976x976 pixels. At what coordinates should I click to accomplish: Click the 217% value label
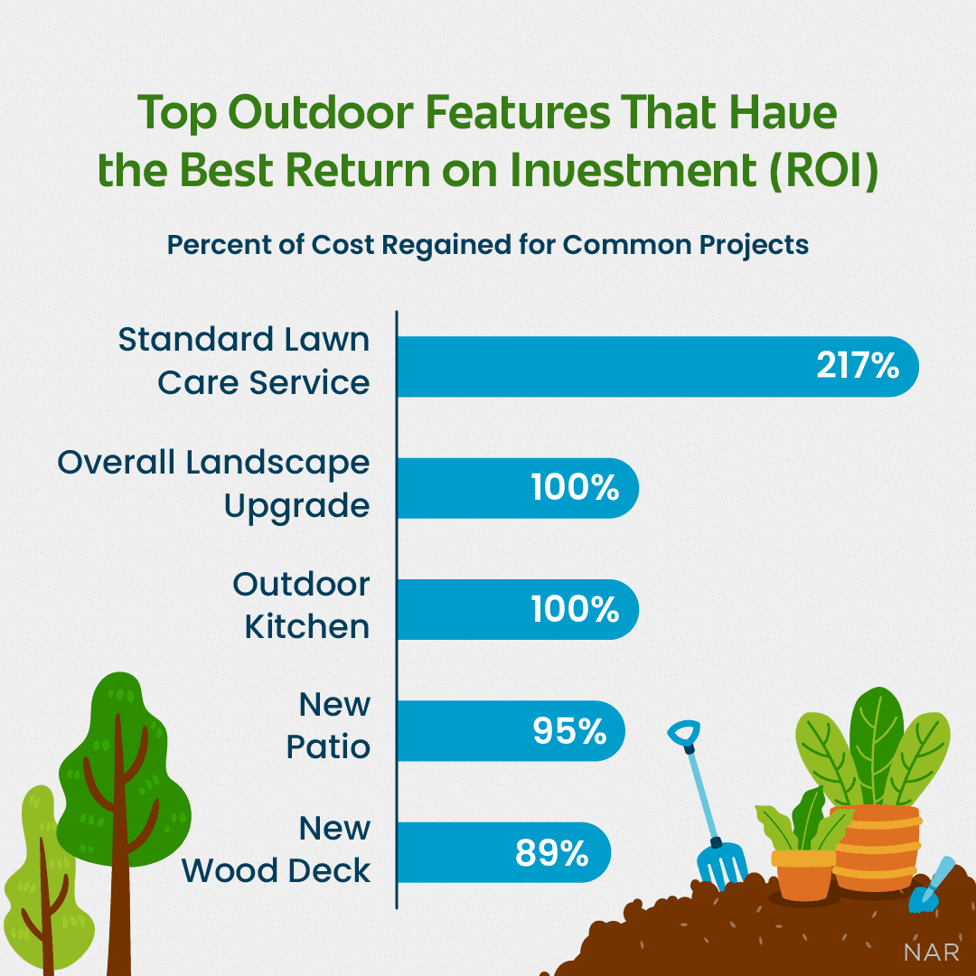coord(858,366)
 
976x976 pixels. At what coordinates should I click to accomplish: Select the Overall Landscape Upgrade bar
coord(518,488)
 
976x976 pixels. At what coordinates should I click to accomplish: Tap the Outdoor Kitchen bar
coord(518,609)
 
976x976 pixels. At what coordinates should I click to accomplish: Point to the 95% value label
coord(569,731)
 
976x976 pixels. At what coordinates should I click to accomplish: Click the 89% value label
coord(552,853)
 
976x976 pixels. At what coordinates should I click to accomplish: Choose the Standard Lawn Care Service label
coord(245,361)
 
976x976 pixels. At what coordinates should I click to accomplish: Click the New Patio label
coord(329,726)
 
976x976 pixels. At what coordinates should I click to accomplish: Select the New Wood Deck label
coord(277,849)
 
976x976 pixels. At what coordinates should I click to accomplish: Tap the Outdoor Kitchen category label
coord(302,605)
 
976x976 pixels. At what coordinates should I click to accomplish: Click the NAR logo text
coord(931,953)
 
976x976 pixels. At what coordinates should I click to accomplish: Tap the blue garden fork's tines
coord(723,865)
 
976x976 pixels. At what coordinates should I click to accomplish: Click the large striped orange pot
coord(876,848)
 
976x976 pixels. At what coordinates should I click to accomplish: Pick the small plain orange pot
coord(803,875)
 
